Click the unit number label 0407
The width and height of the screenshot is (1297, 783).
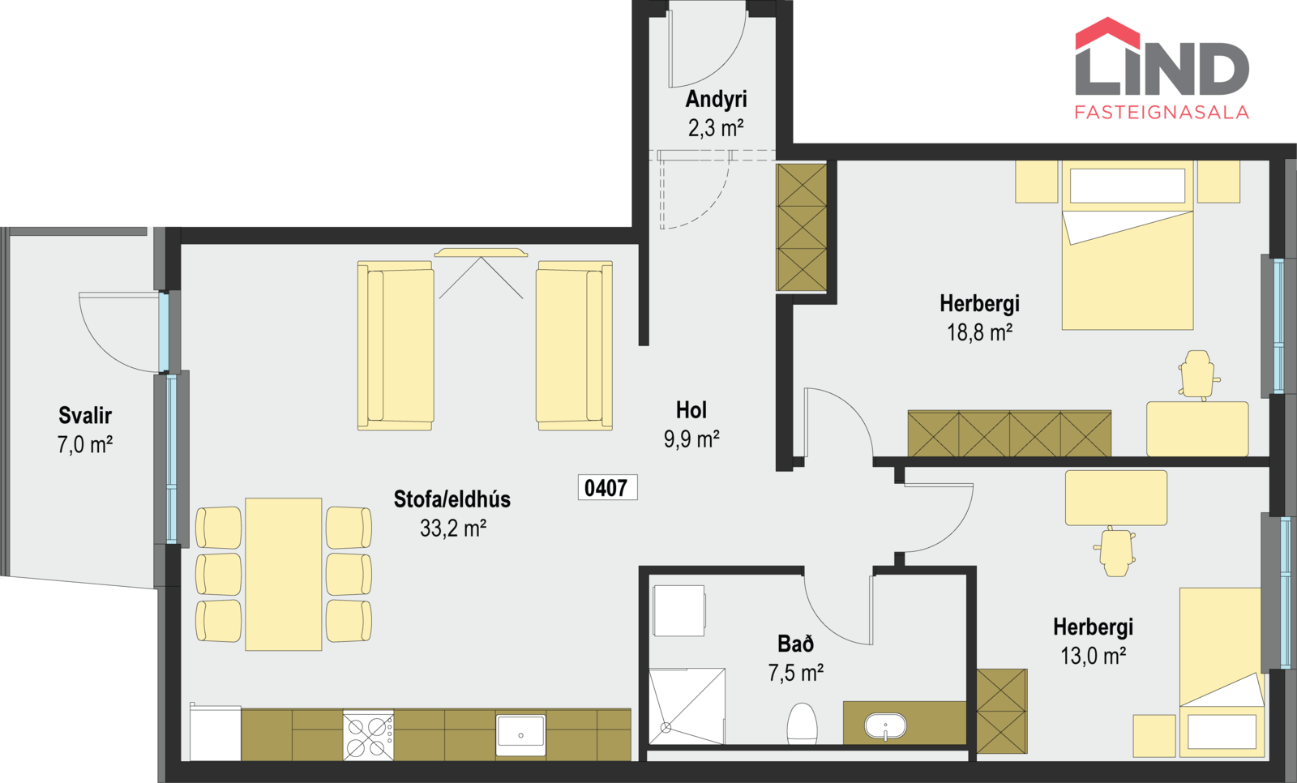[607, 488]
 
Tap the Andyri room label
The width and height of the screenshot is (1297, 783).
[717, 99]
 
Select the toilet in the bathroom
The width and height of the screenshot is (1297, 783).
[802, 723]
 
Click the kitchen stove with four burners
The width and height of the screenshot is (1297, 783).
[368, 735]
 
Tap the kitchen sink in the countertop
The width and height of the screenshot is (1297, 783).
[520, 735]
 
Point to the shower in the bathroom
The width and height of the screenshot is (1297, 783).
[687, 707]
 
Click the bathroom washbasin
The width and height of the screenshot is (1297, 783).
[885, 726]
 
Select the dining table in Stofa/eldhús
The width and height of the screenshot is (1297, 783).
[283, 574]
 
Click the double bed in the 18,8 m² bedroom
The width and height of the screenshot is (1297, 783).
[1128, 245]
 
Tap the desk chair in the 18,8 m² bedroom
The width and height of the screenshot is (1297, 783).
[1197, 374]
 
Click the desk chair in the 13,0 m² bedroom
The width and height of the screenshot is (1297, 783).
[1115, 550]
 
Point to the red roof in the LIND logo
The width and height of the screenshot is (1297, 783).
[1107, 33]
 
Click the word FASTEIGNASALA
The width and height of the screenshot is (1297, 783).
[1162, 113]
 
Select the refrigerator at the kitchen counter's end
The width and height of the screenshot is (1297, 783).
[216, 732]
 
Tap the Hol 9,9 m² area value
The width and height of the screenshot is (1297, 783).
[691, 439]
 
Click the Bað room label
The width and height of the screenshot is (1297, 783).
[795, 644]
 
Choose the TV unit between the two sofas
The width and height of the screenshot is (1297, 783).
[481, 253]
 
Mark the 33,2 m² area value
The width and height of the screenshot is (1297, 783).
[453, 528]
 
